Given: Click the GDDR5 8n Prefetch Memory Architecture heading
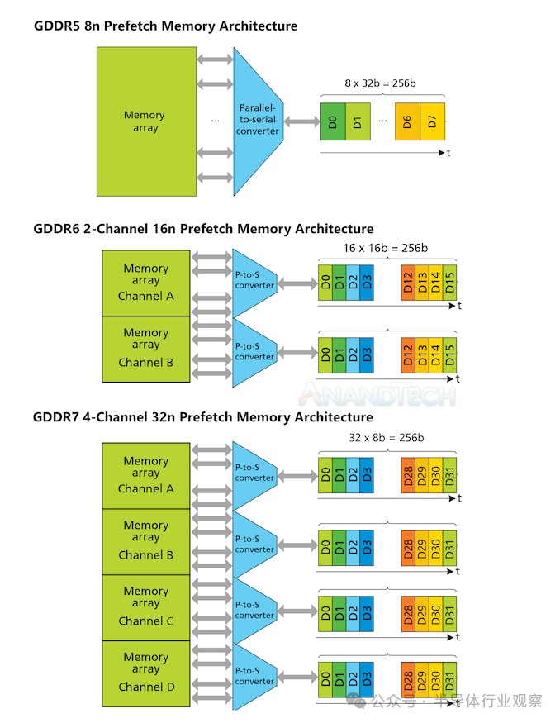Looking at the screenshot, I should tap(165, 26).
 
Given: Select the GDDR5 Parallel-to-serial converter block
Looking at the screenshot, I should tap(258, 121).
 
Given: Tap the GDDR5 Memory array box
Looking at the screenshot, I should tap(145, 121).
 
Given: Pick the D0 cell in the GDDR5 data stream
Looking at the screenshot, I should tap(332, 122).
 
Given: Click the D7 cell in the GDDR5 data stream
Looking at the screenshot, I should tap(433, 122).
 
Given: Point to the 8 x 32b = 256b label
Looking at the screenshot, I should tap(382, 83).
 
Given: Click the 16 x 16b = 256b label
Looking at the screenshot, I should tap(386, 248).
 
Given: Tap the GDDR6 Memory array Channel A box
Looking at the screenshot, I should tap(145, 283).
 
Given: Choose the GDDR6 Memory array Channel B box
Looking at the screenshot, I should tap(145, 348).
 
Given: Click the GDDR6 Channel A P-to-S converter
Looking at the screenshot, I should tap(254, 282).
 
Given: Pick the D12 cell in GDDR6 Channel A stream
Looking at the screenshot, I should tap(407, 283).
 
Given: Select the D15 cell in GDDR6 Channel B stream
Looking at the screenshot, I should tap(449, 354).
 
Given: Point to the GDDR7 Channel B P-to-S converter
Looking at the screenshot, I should tap(254, 544).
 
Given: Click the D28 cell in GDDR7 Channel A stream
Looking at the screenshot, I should tap(407, 475).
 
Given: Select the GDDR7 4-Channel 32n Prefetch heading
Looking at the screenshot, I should tap(202, 417).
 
